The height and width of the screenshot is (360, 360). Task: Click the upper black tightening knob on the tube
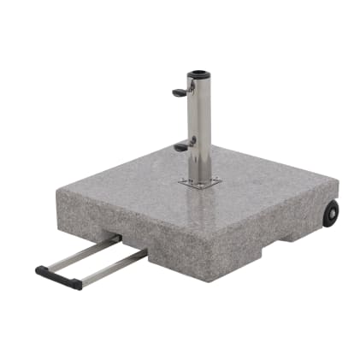pyautogui.click(x=178, y=91)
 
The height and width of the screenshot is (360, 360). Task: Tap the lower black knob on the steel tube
pyautogui.click(x=180, y=147)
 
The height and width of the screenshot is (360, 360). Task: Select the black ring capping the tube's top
pyautogui.click(x=199, y=74)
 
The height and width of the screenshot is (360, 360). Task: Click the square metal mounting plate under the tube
pyautogui.click(x=200, y=182)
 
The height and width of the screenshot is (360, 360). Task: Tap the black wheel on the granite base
pyautogui.click(x=330, y=214)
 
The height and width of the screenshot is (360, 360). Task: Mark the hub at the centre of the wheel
pyautogui.click(x=331, y=214)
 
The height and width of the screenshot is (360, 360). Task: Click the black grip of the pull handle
pyautogui.click(x=59, y=277)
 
